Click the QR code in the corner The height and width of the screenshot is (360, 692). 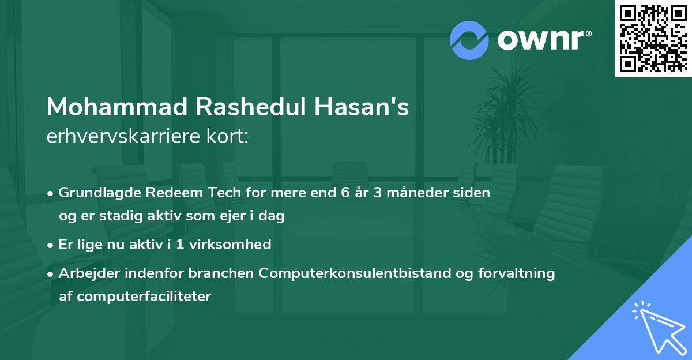coord(653,38)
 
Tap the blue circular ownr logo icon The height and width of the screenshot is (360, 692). coord(469,40)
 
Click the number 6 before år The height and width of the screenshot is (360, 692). coord(345,193)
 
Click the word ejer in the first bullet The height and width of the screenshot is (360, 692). coord(213,216)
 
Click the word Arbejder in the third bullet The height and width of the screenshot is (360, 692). coord(85,273)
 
